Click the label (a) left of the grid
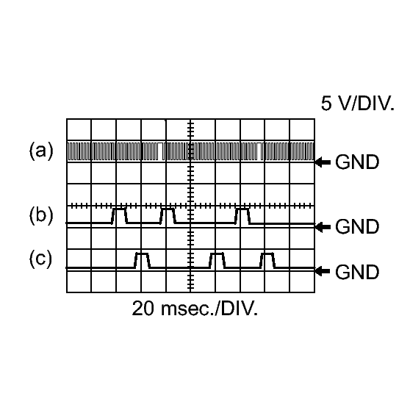pos(41,151)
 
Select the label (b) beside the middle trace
pos(41,216)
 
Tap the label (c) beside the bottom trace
pos(40,259)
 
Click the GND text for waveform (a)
pos(357,162)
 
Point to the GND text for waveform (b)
pos(357,226)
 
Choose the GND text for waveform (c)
pos(357,272)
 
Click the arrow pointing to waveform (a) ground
pos(323,162)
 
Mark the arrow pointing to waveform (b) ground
pos(323,227)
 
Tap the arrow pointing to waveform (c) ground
pos(323,271)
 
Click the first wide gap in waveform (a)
pos(159,151)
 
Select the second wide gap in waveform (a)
pos(259,151)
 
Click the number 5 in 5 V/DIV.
pos(326,104)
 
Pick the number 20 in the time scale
pos(143,309)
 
